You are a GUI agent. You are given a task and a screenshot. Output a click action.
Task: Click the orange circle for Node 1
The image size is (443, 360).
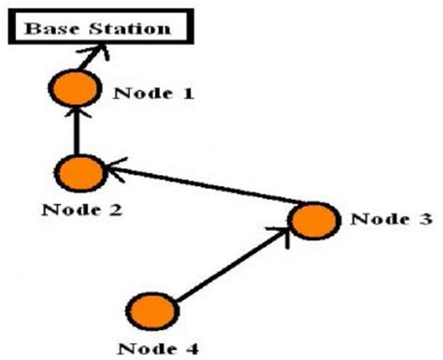74,89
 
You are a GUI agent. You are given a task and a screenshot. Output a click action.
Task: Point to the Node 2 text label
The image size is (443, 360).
81,209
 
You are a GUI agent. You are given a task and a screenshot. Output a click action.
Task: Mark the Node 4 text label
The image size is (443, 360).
158,350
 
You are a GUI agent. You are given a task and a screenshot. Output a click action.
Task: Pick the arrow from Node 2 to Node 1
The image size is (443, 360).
77,134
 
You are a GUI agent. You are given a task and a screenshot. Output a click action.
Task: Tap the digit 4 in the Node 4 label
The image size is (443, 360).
193,350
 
